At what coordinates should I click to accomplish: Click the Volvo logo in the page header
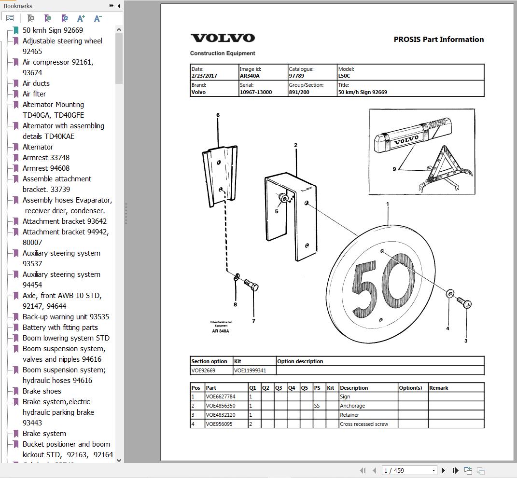(223, 38)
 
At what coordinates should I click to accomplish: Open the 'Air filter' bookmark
(34, 94)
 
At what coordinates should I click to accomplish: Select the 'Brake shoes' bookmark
(42, 391)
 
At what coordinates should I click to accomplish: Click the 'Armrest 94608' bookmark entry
(46, 168)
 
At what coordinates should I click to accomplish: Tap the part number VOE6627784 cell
(221, 397)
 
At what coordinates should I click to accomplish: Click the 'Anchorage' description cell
(352, 406)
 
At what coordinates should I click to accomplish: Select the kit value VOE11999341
(250, 370)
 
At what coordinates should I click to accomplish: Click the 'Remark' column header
(438, 388)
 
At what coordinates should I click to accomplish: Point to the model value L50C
(344, 76)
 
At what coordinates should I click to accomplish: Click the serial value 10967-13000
(255, 92)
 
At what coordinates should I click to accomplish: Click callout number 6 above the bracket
(218, 115)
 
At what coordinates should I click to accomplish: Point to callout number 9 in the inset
(394, 169)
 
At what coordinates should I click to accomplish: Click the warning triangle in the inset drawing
(443, 166)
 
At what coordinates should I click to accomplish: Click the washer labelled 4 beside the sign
(450, 294)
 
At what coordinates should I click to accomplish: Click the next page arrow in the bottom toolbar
(443, 470)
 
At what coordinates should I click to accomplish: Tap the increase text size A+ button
(81, 18)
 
